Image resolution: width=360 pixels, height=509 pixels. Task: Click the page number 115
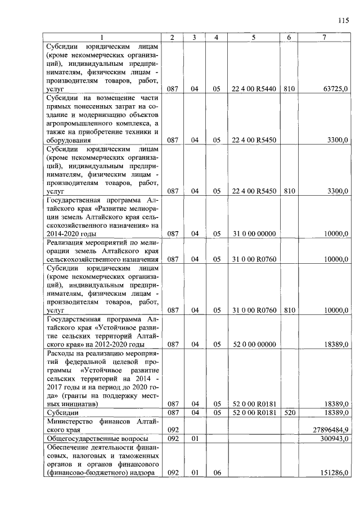[x=344, y=21]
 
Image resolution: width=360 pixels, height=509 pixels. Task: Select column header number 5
[x=254, y=38]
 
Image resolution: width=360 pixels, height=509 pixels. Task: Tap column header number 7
[x=325, y=38]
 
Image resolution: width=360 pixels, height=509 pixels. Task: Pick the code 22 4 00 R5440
[x=254, y=89]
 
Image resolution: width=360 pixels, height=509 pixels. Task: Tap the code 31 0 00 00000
[x=254, y=233]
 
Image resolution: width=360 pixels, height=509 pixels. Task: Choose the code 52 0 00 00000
[x=254, y=344]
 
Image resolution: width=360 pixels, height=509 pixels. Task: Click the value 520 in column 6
[x=289, y=412]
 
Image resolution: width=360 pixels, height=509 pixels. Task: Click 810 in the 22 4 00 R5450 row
[x=289, y=191]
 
